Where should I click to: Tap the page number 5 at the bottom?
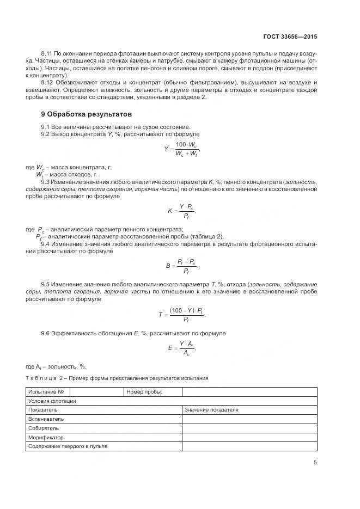pos(315,463)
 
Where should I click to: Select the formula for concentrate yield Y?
pos(182,149)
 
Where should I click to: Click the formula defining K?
pos(181,210)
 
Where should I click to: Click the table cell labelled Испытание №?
pos(47,392)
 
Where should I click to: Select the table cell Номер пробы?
pos(145,392)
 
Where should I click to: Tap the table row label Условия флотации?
pos(52,401)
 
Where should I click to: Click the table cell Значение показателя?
pos(211,410)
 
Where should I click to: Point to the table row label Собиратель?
pos(44,428)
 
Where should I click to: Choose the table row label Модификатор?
pos(46,437)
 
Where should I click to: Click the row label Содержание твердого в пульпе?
pos(68,446)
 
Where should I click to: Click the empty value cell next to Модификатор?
pos(249,437)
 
